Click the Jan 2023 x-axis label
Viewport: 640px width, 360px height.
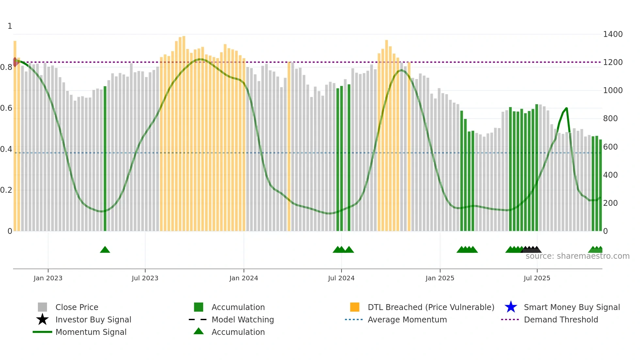click(48, 278)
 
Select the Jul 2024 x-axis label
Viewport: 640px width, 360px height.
click(341, 278)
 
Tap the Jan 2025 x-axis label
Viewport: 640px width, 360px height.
click(440, 278)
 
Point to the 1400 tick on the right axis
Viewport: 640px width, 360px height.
click(613, 34)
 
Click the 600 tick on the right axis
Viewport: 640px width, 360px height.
click(610, 147)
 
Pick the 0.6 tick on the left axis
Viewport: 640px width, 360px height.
click(6, 108)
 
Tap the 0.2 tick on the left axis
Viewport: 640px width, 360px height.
click(6, 190)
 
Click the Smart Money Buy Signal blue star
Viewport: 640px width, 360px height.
click(511, 307)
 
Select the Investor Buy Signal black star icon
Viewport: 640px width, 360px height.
click(42, 319)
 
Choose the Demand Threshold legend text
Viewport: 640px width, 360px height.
click(561, 319)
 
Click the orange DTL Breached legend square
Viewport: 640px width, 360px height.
click(355, 307)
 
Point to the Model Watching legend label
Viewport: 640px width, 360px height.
click(243, 319)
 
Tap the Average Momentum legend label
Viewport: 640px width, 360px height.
click(407, 319)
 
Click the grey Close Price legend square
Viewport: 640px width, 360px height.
click(42, 307)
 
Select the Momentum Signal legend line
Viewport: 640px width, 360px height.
click(42, 332)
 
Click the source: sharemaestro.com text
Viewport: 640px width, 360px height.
click(577, 256)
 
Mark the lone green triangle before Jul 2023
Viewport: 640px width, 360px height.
click(105, 250)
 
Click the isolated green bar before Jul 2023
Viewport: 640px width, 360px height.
click(105, 158)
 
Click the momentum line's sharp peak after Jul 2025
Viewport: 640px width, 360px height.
click(566, 108)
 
